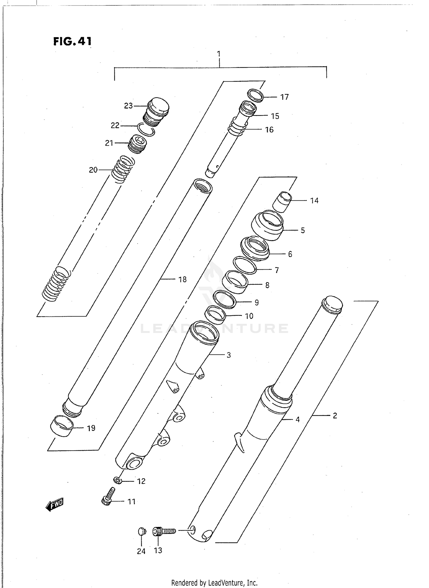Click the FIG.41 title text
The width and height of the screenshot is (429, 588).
[72, 41]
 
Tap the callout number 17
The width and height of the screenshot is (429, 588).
[284, 97]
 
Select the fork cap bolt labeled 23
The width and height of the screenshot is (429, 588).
[156, 111]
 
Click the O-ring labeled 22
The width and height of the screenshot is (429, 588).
[146, 130]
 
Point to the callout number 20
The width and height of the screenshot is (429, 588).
[93, 170]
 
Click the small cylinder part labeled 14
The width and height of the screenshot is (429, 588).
[282, 202]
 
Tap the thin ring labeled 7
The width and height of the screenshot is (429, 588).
[245, 265]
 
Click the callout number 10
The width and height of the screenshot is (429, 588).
[249, 316]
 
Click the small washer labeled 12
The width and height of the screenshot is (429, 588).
[117, 480]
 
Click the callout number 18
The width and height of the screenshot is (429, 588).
[182, 279]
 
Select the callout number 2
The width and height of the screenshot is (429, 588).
[335, 416]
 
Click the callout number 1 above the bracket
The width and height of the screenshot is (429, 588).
[219, 54]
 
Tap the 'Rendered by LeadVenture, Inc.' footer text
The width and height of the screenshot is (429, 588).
[214, 583]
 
